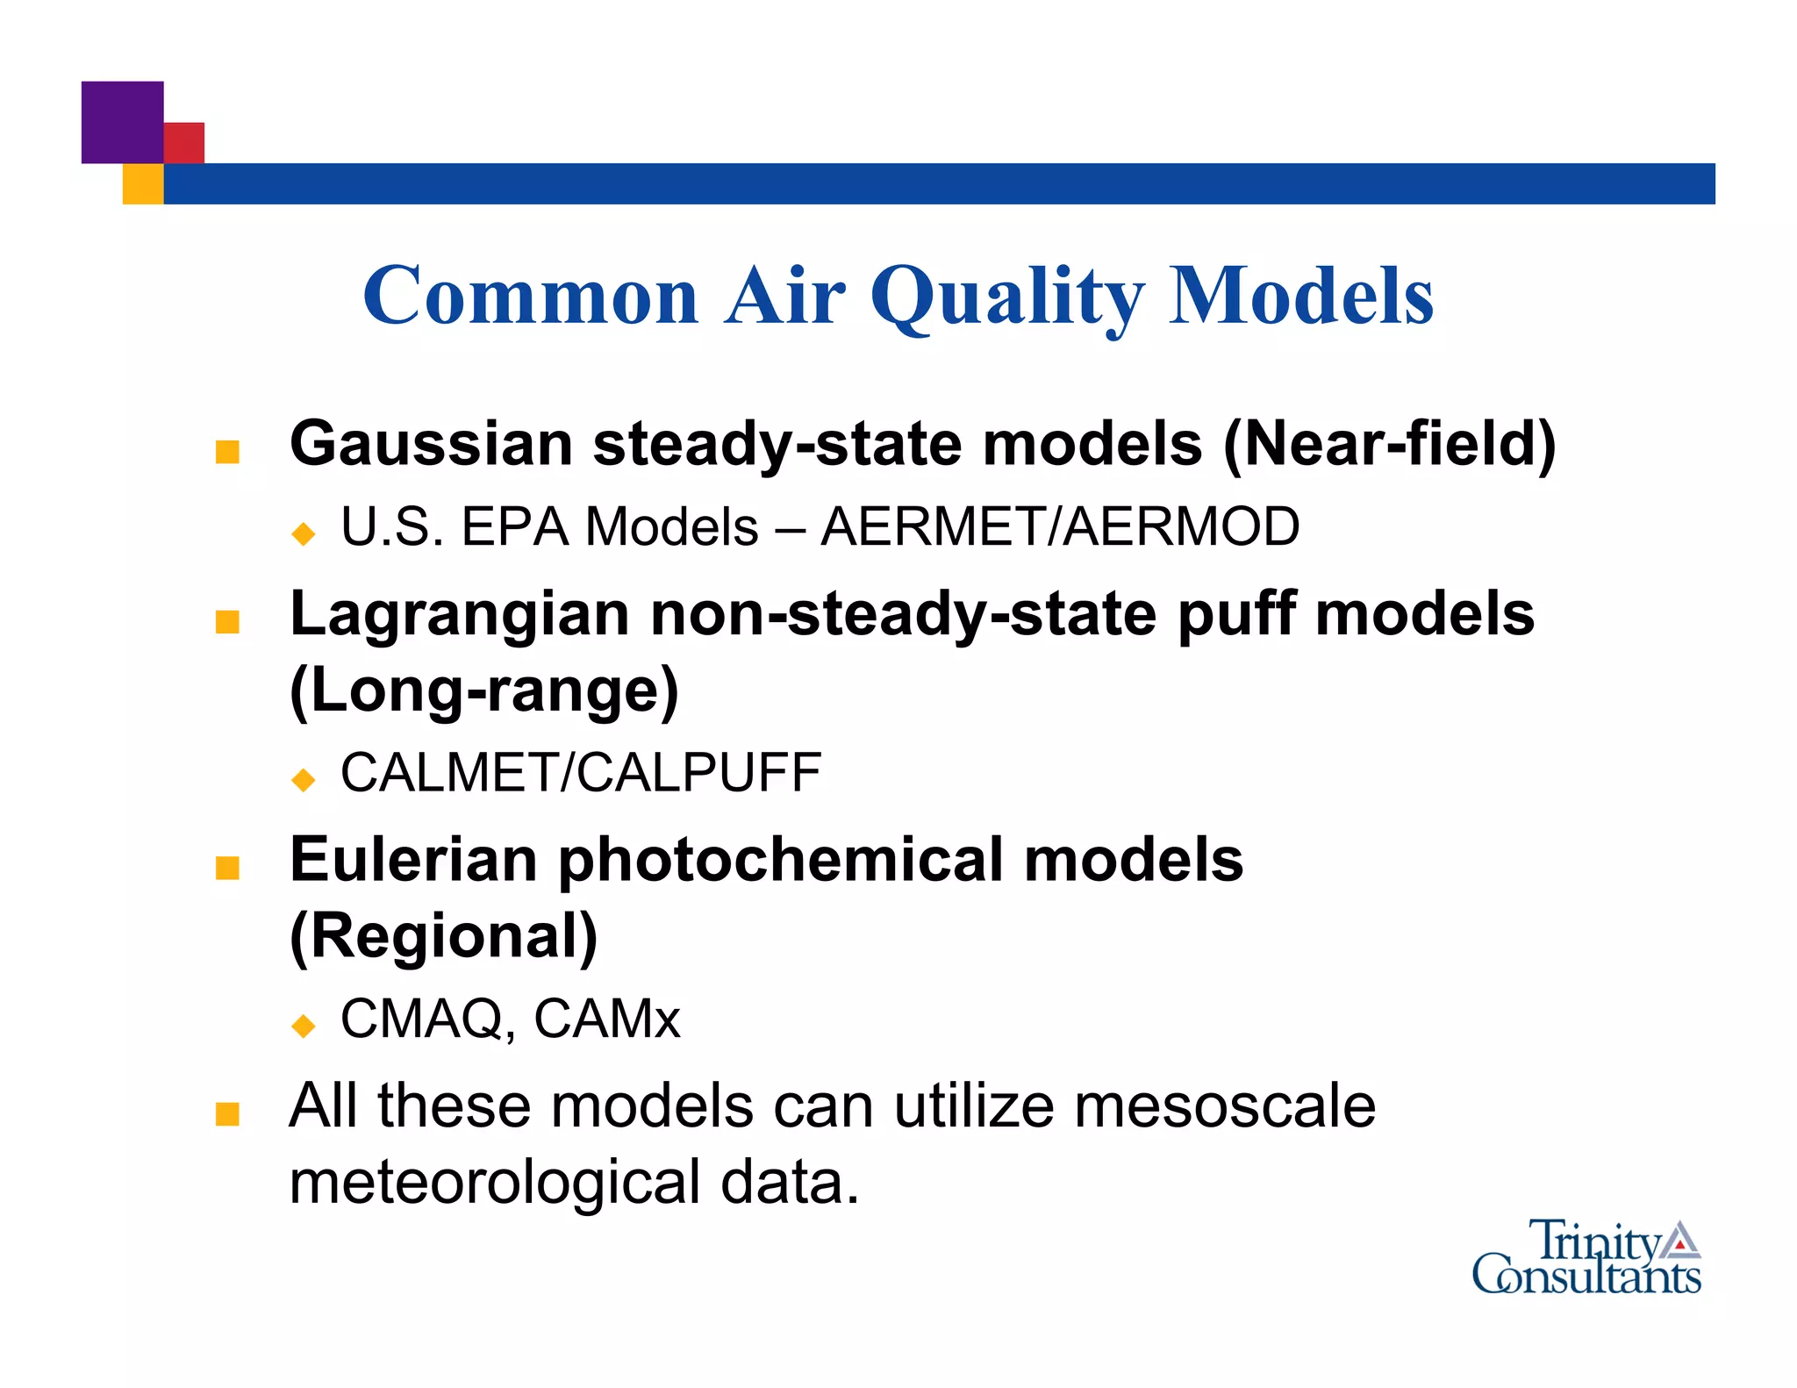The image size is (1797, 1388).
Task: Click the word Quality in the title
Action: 1007,298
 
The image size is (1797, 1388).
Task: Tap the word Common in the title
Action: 531,297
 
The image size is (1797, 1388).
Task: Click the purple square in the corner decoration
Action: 122,122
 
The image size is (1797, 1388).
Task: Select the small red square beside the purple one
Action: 184,142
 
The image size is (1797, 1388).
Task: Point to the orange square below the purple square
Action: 142,184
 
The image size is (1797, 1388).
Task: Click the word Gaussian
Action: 431,444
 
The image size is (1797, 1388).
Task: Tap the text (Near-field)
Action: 1389,444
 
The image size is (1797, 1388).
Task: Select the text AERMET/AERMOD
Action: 1060,527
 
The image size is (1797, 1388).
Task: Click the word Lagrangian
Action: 460,614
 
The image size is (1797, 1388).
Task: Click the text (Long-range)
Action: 484,690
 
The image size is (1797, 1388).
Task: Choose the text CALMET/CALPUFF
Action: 580,773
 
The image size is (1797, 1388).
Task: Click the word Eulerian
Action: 413,860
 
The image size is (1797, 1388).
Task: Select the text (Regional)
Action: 444,936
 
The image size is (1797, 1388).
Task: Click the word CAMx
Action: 606,1020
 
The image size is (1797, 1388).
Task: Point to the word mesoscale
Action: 1225,1105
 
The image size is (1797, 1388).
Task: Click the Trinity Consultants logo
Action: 1586,1258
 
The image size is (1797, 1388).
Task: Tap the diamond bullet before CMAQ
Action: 304,1025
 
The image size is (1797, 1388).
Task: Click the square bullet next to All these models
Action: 227,1114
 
